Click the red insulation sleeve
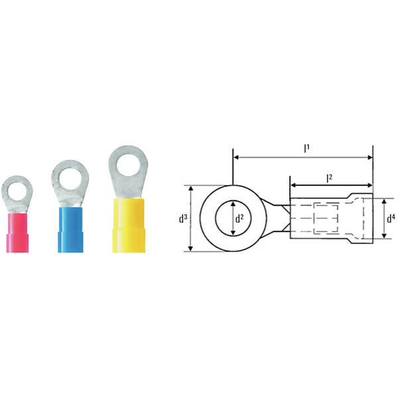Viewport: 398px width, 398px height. coord(17,233)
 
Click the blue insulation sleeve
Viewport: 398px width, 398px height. coord(70,230)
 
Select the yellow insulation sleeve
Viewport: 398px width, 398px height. coord(129,226)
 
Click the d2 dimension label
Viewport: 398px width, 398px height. coord(239,218)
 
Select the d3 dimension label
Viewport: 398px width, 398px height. coord(183,218)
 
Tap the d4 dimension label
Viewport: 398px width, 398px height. coord(391,218)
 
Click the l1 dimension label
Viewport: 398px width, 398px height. coord(306,149)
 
